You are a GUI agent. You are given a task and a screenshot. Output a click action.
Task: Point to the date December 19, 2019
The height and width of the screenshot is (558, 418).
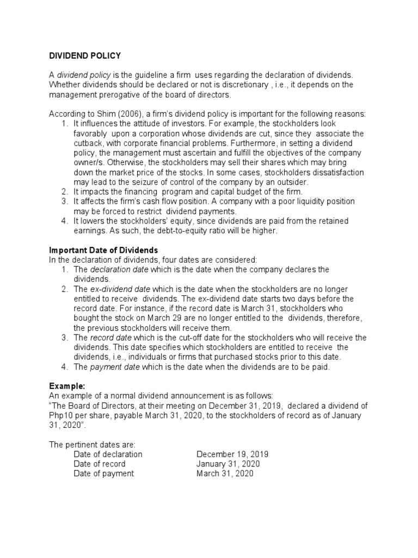232,454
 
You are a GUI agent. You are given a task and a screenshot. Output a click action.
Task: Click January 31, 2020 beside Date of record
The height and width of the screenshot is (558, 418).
228,464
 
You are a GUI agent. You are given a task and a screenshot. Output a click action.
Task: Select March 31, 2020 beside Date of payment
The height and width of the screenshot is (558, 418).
225,474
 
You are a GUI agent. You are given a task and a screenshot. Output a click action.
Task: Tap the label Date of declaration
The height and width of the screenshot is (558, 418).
108,454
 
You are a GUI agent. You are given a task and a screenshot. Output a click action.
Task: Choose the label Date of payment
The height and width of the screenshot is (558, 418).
103,474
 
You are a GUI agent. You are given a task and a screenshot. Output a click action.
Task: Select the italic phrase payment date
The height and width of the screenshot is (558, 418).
115,367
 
